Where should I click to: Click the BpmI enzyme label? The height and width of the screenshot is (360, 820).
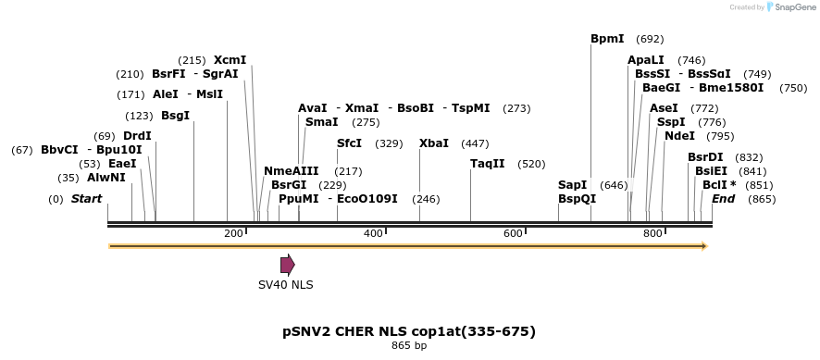[x=607, y=39]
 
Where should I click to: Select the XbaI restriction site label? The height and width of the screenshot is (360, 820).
[x=434, y=143]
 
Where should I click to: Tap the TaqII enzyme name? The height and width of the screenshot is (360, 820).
[x=488, y=164]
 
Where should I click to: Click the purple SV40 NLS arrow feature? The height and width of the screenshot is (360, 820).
[x=287, y=265]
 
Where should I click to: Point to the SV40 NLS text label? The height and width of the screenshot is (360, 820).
[x=285, y=285]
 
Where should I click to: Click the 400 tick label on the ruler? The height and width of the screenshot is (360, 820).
[x=373, y=234]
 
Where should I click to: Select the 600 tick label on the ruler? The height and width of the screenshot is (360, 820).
[x=514, y=234]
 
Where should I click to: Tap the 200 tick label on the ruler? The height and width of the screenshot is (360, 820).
[x=233, y=234]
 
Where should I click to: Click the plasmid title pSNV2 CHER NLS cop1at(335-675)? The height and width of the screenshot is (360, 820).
[x=409, y=330]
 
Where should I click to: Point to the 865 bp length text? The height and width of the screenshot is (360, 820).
[x=409, y=346]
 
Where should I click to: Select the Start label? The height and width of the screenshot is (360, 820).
[x=86, y=199]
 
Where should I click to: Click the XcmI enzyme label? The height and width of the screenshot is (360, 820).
[x=230, y=60]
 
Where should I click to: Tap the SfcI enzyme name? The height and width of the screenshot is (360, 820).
[x=350, y=143]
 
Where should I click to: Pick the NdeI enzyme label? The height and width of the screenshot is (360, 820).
[x=679, y=136]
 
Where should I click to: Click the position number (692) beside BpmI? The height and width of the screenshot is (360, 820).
[x=651, y=39]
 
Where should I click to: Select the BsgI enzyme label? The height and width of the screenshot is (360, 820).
[x=175, y=116]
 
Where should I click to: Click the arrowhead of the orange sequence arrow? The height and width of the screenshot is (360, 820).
[x=704, y=246]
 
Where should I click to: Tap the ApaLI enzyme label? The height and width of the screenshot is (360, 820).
[x=646, y=60]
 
